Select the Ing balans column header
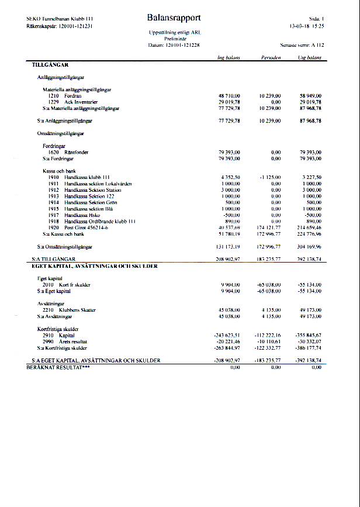tap(229, 58)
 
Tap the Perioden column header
tap(271, 58)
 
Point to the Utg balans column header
tap(309, 58)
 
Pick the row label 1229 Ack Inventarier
tap(73, 102)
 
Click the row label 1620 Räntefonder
tap(68, 152)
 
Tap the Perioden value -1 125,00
tap(271, 177)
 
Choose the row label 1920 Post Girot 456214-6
tap(79, 227)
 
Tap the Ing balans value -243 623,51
tap(229, 335)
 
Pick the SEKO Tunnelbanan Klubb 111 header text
tap(56, 19)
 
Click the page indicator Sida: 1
tap(316, 19)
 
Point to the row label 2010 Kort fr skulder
tap(66, 285)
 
